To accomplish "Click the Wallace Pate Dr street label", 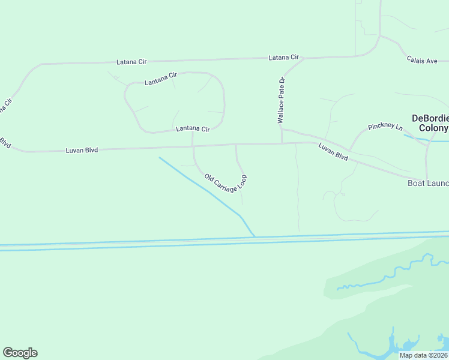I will click(280, 100).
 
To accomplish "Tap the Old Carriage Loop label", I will click(226, 182).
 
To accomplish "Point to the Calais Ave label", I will click(427, 60).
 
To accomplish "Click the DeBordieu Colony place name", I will click(429, 124).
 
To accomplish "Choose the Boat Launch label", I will click(428, 183).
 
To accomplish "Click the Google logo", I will click(20, 353).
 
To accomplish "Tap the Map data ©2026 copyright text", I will click(423, 355).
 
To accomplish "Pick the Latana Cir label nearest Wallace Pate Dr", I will click(283, 58).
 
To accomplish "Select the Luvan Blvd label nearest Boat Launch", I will click(333, 151).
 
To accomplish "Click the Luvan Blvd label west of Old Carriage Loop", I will click(82, 150).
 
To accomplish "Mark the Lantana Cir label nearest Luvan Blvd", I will click(192, 129).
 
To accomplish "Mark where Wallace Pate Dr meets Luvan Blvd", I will click(282, 143).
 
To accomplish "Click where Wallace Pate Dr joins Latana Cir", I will click(303, 59).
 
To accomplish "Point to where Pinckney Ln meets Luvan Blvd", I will click(349, 151).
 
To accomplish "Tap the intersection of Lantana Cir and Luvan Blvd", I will click(193, 145).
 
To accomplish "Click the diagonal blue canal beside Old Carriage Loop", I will click(204, 187).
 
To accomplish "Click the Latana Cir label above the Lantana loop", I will click(131, 62).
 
